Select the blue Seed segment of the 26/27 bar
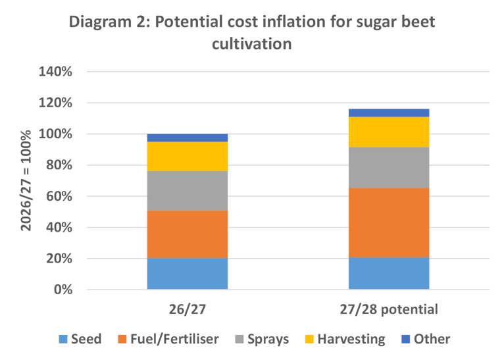tap(188, 273)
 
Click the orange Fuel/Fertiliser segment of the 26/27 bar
tap(188, 234)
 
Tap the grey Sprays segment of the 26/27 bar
tap(188, 190)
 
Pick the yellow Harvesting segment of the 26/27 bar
tap(188, 156)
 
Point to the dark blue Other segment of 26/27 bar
tap(188, 138)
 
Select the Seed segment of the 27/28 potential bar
tap(389, 272)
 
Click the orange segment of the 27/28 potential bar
tap(389, 222)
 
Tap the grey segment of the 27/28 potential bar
tap(389, 167)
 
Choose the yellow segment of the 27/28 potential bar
tap(389, 132)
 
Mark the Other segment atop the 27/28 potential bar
tap(389, 112)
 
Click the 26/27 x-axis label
tap(188, 309)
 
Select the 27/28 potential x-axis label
tap(389, 309)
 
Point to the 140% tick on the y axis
tap(56, 72)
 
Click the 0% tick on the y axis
tap(63, 290)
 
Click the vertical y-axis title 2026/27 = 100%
tap(26, 181)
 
